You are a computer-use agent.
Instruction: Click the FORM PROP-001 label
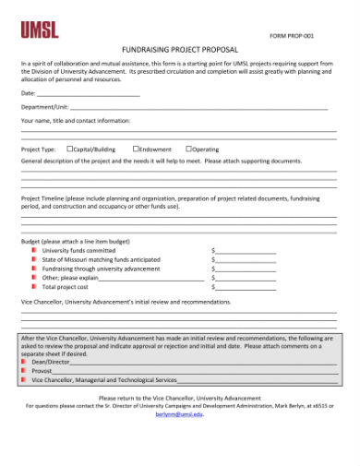[x=292, y=35]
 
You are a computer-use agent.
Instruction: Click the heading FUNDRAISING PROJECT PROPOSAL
[x=180, y=49]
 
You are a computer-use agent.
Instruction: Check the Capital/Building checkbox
[x=71, y=148]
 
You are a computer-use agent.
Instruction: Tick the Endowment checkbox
[x=136, y=148]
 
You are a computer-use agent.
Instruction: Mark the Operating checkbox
[x=188, y=148]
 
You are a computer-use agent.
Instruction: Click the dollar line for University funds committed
[x=246, y=251]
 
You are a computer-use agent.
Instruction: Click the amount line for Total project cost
[x=246, y=287]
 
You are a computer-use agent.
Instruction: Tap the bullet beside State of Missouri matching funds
[x=34, y=259]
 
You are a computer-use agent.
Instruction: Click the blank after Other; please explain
[x=151, y=278]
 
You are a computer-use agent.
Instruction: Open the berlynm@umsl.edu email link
[x=179, y=414]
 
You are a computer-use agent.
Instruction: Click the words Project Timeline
[x=42, y=198]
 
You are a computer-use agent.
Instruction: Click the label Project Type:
[x=39, y=149]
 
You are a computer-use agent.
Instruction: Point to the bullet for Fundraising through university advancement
[x=34, y=269]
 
